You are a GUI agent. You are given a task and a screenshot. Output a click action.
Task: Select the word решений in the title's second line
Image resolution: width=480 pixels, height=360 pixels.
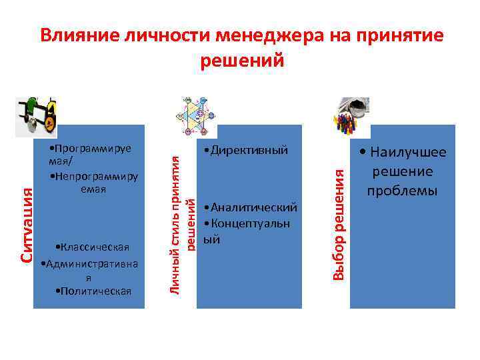(x=242, y=61)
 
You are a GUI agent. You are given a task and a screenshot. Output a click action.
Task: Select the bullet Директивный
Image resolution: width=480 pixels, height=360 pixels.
(x=248, y=151)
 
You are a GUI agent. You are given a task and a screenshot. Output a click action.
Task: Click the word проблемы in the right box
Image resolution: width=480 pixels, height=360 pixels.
(x=402, y=191)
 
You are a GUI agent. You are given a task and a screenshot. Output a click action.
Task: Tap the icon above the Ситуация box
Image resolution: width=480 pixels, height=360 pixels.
(x=36, y=113)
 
